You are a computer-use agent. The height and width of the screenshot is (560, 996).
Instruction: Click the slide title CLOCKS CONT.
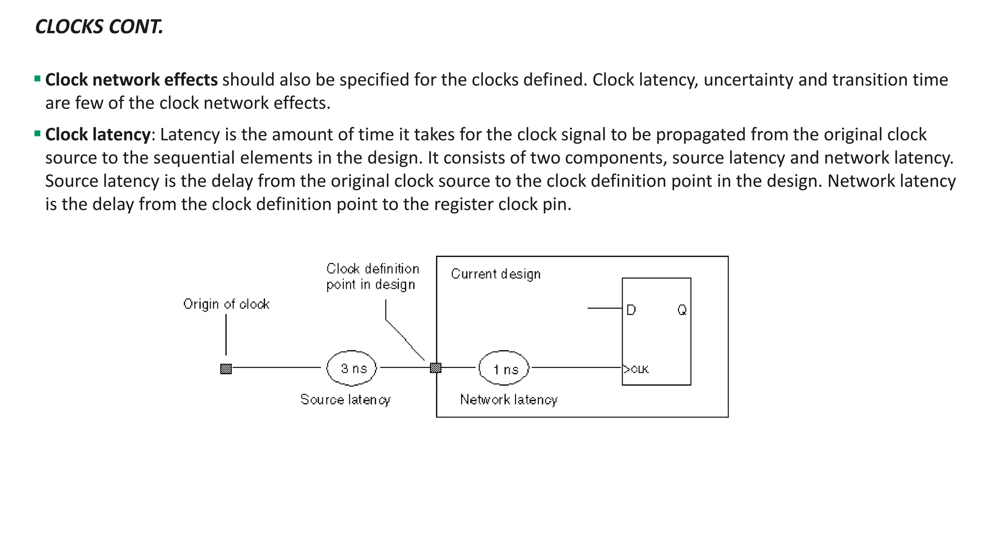point(99,27)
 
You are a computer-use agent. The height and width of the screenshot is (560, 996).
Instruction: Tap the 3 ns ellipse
point(352,368)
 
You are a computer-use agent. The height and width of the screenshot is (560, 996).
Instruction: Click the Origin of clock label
point(226,304)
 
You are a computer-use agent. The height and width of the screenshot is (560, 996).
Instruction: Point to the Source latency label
point(345,400)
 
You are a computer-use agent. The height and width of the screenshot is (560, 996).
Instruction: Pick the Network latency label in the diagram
point(509,400)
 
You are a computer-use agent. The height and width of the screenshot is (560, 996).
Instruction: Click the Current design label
point(496,274)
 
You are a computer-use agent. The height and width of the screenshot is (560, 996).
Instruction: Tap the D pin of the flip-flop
point(631,310)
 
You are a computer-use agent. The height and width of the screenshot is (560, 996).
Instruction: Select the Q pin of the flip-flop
point(682,310)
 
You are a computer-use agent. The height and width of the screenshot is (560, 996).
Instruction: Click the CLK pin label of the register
point(637,369)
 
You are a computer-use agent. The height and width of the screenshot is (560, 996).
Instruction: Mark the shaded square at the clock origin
point(226,369)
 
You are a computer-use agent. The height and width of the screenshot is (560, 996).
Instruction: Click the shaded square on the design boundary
point(436,368)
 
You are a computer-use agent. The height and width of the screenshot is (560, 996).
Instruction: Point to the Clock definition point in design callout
point(373,277)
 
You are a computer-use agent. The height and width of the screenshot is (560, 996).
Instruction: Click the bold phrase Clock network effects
point(131,80)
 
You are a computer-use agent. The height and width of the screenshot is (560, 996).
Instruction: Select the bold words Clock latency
point(98,135)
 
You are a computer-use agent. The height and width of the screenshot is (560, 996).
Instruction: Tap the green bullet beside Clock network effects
point(37,79)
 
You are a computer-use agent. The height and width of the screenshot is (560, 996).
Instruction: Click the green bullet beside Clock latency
point(37,134)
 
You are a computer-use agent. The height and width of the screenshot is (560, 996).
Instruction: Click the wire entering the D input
point(605,308)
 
